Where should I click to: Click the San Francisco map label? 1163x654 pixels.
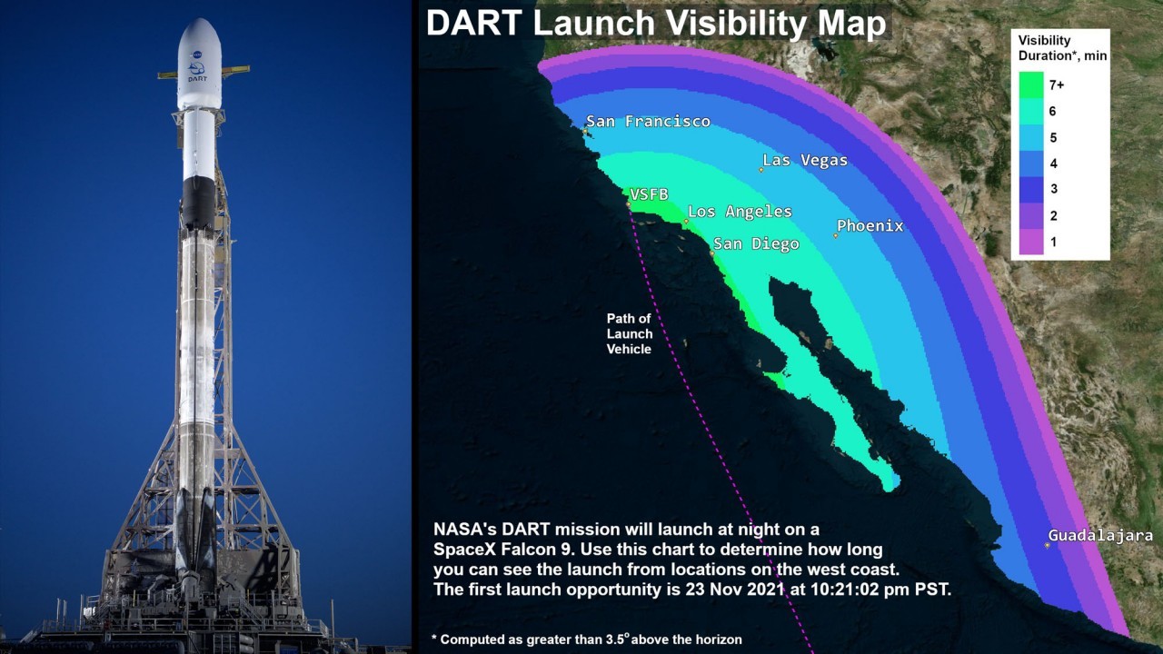pyautogui.click(x=648, y=122)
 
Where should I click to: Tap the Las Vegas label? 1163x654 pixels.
pyautogui.click(x=805, y=161)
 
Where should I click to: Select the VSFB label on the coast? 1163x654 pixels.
pyautogui.click(x=649, y=194)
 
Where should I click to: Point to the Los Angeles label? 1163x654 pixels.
pyautogui.click(x=740, y=212)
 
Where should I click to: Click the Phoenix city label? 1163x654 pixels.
pyautogui.click(x=870, y=226)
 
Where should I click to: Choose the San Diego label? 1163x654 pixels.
pyautogui.click(x=756, y=244)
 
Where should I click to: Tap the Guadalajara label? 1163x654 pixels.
pyautogui.click(x=1100, y=535)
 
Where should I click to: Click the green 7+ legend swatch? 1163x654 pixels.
pyautogui.click(x=1031, y=85)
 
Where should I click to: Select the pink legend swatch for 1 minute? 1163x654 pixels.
pyautogui.click(x=1031, y=242)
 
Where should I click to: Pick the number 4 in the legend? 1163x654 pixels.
pyautogui.click(x=1053, y=163)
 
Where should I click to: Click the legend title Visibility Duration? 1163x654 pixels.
pyautogui.click(x=1062, y=48)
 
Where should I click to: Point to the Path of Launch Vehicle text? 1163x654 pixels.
pyautogui.click(x=630, y=333)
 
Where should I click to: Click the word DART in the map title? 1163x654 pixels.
pyautogui.click(x=474, y=23)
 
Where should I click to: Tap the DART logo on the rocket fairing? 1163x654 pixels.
pyautogui.click(x=197, y=72)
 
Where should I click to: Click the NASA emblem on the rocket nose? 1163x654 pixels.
pyautogui.click(x=196, y=54)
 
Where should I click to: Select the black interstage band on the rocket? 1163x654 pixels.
pyautogui.click(x=198, y=203)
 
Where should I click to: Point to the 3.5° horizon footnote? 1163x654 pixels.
pyautogui.click(x=586, y=639)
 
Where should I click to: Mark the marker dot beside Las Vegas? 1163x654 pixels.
pyautogui.click(x=761, y=170)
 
